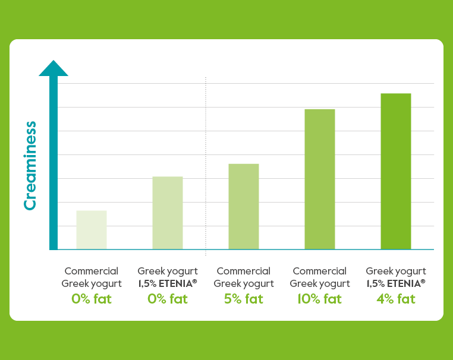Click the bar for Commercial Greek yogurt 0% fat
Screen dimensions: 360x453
point(92,230)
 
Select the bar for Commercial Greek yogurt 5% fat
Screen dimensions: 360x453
point(244,207)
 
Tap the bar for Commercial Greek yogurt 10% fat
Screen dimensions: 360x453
point(320,179)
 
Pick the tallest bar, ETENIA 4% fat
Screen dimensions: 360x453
point(396,172)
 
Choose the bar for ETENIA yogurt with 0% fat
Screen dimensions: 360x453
point(168,213)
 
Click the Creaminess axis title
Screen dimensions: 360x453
point(30,166)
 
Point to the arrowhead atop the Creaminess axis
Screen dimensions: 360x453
point(54,68)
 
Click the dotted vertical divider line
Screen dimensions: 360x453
point(206,166)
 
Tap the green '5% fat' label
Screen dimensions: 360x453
point(244,299)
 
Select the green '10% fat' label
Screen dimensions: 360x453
point(320,299)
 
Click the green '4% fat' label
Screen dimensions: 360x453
point(396,299)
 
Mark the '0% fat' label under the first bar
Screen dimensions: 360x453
point(92,299)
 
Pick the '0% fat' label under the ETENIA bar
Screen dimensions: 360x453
point(168,299)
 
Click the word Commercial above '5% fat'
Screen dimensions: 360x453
point(244,271)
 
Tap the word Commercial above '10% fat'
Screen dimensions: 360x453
point(320,271)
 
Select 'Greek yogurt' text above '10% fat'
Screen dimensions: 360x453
point(320,283)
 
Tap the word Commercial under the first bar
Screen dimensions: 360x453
point(92,271)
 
